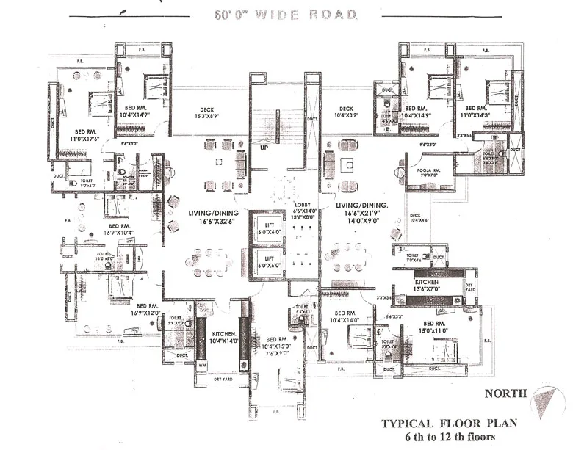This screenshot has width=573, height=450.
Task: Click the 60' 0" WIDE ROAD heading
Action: click(286, 14)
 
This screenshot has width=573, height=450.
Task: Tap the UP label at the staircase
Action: click(263, 148)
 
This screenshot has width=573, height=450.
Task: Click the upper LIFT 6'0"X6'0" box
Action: click(269, 228)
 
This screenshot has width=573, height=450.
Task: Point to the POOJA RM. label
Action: click(428, 171)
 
